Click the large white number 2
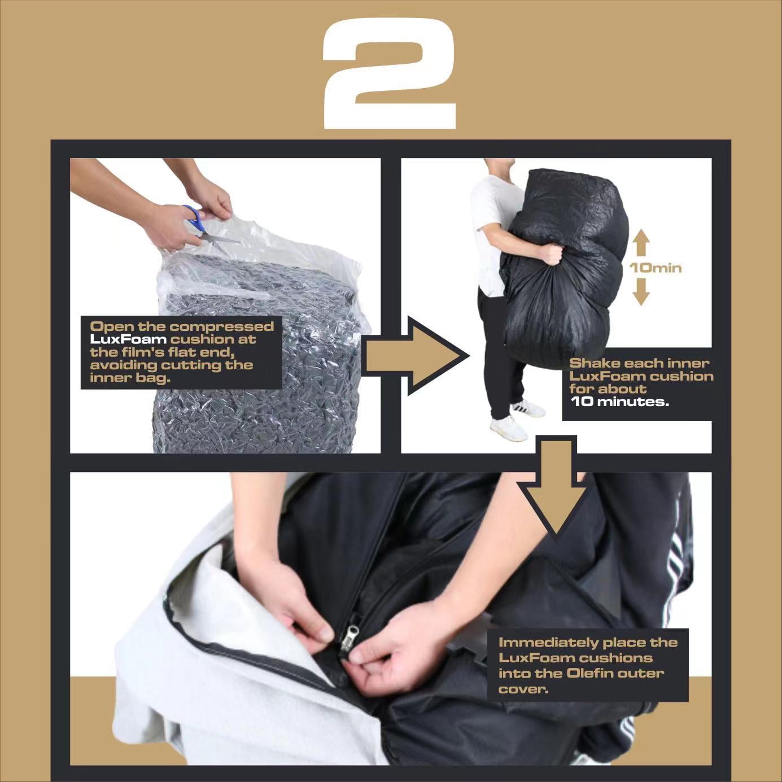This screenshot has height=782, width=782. click(x=390, y=73)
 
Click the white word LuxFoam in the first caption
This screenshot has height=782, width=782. click(x=128, y=339)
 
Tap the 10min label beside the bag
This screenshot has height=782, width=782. click(x=656, y=268)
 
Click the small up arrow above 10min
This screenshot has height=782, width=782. click(x=641, y=242)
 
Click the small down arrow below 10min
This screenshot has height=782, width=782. click(x=641, y=291)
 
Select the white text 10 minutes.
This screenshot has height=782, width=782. click(x=620, y=402)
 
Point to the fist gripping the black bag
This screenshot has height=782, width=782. click(x=551, y=254)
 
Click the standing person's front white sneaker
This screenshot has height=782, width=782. click(x=508, y=428)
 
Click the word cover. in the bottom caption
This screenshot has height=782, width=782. click(x=523, y=689)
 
